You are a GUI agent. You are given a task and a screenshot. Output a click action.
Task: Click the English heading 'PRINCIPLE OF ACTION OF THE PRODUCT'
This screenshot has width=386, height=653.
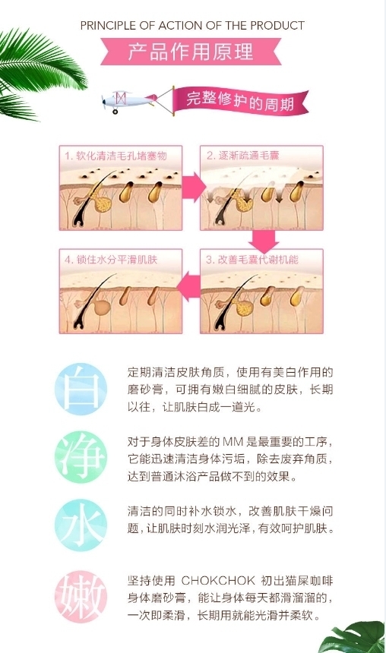(192, 26)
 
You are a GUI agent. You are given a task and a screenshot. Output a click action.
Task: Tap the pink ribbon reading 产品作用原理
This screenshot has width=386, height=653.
(191, 52)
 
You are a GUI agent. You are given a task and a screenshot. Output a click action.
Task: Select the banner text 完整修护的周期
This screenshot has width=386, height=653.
(240, 101)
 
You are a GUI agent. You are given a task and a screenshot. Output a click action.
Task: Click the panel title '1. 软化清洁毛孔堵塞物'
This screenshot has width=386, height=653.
(115, 156)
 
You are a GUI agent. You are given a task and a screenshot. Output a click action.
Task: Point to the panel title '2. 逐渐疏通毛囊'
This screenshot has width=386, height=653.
(242, 156)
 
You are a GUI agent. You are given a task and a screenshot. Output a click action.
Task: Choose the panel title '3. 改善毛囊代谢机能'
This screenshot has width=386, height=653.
(252, 260)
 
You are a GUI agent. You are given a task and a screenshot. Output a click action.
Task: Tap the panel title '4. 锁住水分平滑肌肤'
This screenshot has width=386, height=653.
(111, 260)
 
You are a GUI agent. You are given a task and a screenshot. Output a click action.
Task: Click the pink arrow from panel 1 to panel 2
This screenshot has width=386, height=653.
(192, 187)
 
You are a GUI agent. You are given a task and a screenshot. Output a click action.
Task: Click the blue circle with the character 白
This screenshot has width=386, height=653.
(81, 389)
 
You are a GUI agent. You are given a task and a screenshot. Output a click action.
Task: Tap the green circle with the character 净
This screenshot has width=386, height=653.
(81, 457)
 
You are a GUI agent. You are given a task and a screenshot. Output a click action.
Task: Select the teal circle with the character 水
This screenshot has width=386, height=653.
(81, 525)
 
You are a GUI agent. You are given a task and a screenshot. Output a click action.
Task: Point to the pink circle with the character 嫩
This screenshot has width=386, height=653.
(81, 596)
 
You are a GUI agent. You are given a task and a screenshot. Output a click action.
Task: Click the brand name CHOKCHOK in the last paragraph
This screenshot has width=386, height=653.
(218, 580)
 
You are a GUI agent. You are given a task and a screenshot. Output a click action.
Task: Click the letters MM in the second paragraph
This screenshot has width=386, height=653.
(233, 441)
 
